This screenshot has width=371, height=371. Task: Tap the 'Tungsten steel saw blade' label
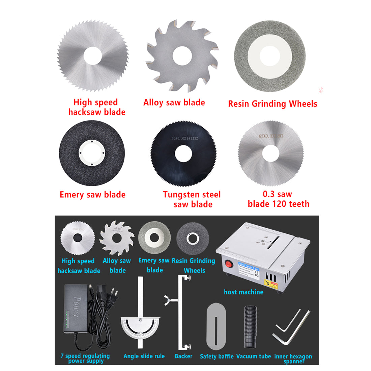tap(192, 199)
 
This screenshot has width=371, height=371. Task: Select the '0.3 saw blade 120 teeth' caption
tap(278, 199)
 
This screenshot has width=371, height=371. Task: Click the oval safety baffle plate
tap(216, 326)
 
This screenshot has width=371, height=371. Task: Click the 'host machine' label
tap(244, 292)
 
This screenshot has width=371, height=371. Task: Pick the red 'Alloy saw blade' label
tap(174, 103)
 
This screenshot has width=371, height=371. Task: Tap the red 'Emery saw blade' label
tap(92, 195)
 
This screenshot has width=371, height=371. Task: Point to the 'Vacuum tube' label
tap(253, 356)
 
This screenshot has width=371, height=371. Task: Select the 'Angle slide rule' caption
tap(144, 356)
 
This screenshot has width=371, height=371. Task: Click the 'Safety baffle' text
tap(217, 356)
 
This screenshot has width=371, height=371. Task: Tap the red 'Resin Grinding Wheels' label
tap(273, 104)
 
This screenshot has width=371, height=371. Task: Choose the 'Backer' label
tap(183, 356)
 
